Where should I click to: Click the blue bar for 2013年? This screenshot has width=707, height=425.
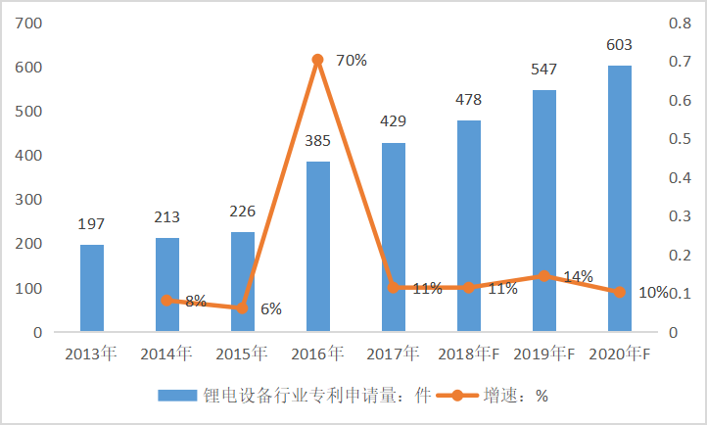tap(92, 288)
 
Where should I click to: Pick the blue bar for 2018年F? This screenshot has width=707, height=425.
tap(468, 226)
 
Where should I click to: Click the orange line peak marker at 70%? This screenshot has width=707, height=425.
tap(317, 60)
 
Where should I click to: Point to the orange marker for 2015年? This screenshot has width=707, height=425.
tap(242, 308)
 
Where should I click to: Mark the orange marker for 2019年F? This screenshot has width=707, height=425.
tap(543, 276)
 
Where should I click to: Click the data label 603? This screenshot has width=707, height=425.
tap(619, 45)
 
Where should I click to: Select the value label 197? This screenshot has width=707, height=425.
tap(92, 224)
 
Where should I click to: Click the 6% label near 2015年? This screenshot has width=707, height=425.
tap(271, 309)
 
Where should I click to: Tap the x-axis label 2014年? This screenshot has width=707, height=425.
tap(166, 353)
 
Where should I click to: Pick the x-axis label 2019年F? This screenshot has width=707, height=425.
tap(545, 353)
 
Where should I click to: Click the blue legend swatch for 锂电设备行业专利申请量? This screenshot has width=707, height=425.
tap(177, 396)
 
